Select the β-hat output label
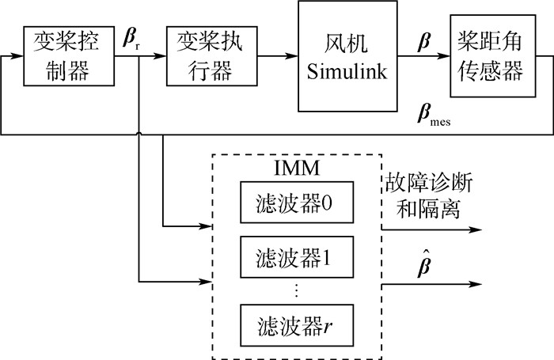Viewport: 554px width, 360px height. pyautogui.click(x=427, y=263)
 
